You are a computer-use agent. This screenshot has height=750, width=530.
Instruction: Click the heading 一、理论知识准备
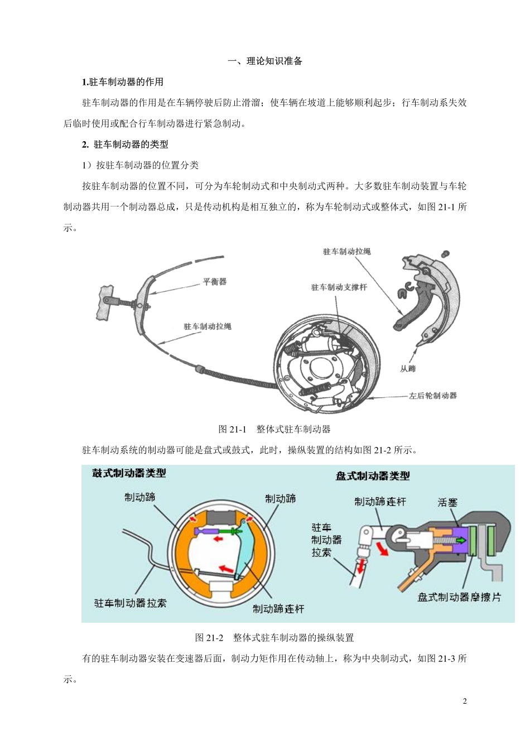point(265,61)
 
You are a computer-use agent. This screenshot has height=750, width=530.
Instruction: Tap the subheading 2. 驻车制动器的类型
point(125,145)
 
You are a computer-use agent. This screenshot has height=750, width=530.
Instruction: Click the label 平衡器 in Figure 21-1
point(214,282)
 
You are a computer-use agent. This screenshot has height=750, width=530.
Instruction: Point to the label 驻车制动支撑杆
point(339,287)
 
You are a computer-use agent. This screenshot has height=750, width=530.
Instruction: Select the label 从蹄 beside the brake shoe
point(408,368)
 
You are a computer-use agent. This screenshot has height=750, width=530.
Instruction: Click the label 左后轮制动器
point(432,396)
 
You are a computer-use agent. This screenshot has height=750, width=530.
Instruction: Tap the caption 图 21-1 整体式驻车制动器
point(274,429)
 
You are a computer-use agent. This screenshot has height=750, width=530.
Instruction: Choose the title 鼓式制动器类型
point(129,473)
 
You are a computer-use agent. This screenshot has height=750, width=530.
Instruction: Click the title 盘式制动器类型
point(373,476)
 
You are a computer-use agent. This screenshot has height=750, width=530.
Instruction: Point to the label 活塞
point(447,502)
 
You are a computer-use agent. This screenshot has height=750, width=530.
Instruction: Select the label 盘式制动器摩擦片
point(459,597)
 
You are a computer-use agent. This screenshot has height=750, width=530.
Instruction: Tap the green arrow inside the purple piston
point(460,540)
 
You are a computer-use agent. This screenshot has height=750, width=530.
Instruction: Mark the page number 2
point(465,701)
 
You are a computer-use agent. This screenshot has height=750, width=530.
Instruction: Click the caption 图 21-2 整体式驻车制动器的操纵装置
point(274,638)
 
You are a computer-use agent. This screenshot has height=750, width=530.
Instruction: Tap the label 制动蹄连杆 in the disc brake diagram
point(380,502)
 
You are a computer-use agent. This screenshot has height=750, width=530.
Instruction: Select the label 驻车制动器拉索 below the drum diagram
point(130,603)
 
